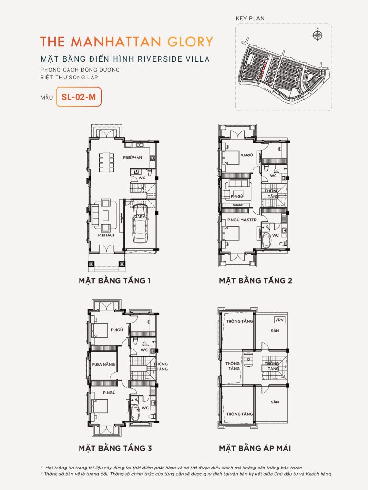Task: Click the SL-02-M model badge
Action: [x=79, y=97]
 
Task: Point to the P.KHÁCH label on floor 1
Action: [x=106, y=235]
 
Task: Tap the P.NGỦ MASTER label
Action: [x=242, y=220]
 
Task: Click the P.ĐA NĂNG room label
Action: [x=103, y=364]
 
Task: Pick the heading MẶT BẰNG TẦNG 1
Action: [x=115, y=281]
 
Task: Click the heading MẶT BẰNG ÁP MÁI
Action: [x=255, y=448]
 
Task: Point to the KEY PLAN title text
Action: [x=250, y=19]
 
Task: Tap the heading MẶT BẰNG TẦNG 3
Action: [x=115, y=448]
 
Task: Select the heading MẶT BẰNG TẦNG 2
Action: [x=255, y=281]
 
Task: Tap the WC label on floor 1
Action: [x=142, y=178]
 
